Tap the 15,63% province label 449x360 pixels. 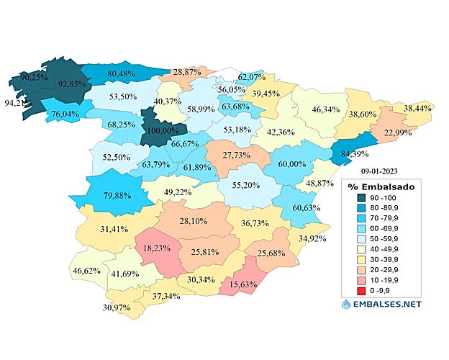[x=247, y=284]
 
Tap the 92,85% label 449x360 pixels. [x=71, y=84]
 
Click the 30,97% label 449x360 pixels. [x=118, y=307]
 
